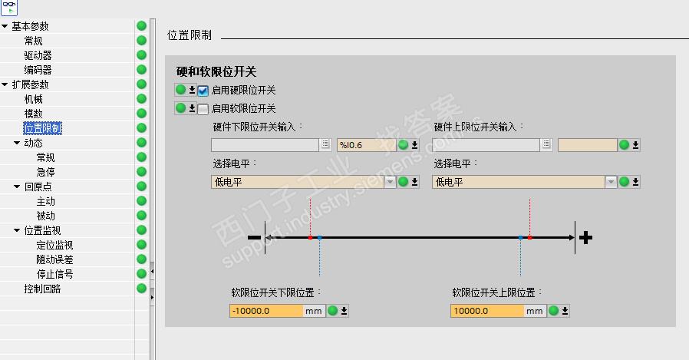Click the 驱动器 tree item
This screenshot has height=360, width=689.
click(x=38, y=55)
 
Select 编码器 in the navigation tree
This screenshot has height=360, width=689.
click(x=38, y=70)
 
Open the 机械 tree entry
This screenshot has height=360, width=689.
click(x=33, y=99)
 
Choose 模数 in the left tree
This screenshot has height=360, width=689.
click(x=33, y=114)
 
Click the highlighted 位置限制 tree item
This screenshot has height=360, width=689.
click(x=42, y=128)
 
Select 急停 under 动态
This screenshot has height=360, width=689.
click(x=45, y=172)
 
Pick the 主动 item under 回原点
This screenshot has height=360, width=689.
click(x=45, y=201)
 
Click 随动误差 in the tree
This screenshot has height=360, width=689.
click(x=54, y=259)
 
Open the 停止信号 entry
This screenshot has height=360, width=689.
click(x=54, y=274)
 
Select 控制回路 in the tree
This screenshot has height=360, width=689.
click(x=42, y=289)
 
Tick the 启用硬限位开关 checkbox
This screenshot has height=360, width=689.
click(x=203, y=90)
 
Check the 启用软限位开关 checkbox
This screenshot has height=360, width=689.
click(x=203, y=109)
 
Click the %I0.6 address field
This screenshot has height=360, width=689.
click(x=365, y=144)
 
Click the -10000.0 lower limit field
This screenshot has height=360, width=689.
click(x=265, y=311)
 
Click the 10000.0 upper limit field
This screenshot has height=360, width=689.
click(x=486, y=311)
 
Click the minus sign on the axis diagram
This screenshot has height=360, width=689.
click(x=254, y=238)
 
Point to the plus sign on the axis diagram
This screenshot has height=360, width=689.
click(x=586, y=238)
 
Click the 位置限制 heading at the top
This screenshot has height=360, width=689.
click(x=189, y=35)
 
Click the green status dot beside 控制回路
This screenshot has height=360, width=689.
click(x=141, y=289)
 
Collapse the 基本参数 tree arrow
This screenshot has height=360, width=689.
click(x=5, y=26)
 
